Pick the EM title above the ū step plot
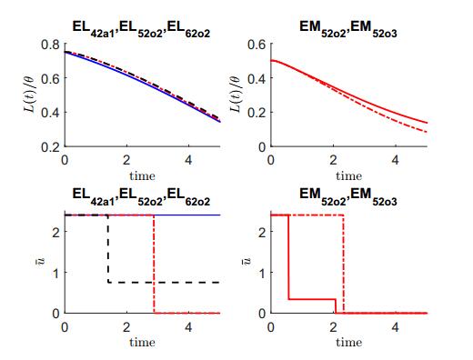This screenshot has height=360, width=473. (348, 195)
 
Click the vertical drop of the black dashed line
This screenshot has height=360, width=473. (109, 250)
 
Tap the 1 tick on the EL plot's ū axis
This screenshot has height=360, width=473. (56, 272)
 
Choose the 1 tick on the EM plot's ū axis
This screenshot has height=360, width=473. (264, 272)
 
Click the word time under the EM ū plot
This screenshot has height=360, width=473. (348, 343)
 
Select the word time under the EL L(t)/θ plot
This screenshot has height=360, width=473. (142, 175)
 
